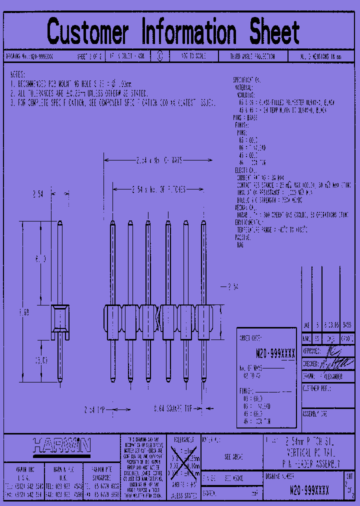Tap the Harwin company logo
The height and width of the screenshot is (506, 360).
(x=61, y=445)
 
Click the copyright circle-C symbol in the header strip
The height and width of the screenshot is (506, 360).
(x=160, y=57)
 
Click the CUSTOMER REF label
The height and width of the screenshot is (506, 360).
(x=317, y=388)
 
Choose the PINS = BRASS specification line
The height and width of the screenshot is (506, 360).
(x=245, y=118)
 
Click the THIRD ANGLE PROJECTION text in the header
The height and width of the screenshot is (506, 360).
(x=252, y=57)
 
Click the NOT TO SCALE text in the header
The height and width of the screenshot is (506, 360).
(x=192, y=57)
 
